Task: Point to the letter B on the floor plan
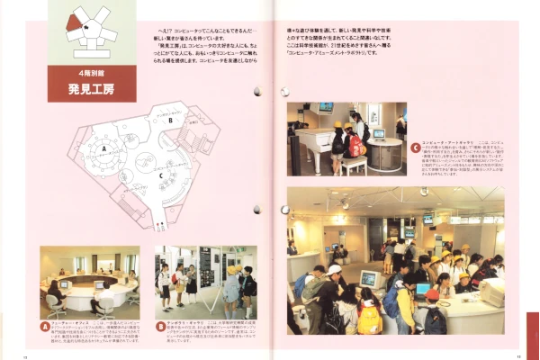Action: point(168,119)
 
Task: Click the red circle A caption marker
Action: point(45,325)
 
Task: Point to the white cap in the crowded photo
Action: point(334,270)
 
